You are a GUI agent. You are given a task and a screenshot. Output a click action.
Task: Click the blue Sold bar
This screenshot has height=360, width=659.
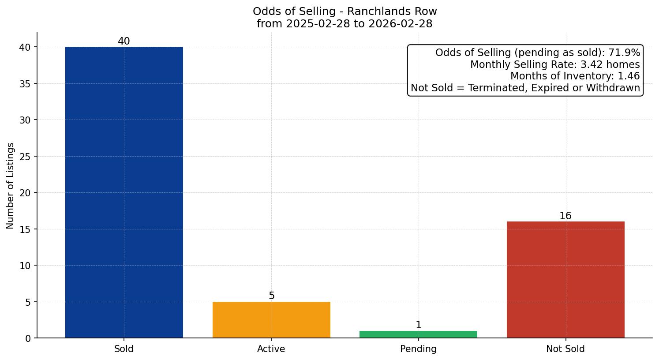(x=124, y=192)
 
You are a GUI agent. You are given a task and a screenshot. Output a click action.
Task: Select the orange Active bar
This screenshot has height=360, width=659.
(x=271, y=320)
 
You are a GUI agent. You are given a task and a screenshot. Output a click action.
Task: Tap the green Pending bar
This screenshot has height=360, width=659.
(x=418, y=334)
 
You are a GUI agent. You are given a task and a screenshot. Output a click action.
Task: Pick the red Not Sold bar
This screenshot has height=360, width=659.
(x=565, y=280)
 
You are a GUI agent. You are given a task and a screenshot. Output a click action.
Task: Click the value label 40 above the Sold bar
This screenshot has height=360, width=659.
(x=124, y=41)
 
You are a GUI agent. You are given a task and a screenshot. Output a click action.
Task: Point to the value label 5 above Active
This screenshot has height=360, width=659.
(x=272, y=296)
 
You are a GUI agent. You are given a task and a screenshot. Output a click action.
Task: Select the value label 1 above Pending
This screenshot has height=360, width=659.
(x=419, y=325)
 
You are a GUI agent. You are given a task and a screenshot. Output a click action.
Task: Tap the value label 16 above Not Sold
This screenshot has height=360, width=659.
(x=565, y=216)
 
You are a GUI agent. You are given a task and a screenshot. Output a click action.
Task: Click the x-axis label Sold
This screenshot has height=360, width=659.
(x=124, y=349)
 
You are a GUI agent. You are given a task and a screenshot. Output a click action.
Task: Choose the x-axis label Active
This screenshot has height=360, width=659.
(x=271, y=349)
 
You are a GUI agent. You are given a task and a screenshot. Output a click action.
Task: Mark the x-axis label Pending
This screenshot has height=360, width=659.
(x=418, y=349)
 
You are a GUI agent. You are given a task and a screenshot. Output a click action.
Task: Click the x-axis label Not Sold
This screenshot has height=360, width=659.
(x=565, y=349)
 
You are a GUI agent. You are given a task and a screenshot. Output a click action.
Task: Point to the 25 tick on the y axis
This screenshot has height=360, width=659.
(x=26, y=157)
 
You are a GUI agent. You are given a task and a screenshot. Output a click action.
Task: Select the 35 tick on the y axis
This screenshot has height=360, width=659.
(x=26, y=84)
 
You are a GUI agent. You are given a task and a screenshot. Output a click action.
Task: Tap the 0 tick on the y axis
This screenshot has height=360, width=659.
(x=28, y=338)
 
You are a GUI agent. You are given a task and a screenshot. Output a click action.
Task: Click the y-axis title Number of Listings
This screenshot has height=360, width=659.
(x=11, y=186)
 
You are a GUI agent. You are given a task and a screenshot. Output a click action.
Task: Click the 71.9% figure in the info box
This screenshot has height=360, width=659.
(x=624, y=53)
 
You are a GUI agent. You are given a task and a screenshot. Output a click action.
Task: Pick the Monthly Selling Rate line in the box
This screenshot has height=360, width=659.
(x=555, y=64)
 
